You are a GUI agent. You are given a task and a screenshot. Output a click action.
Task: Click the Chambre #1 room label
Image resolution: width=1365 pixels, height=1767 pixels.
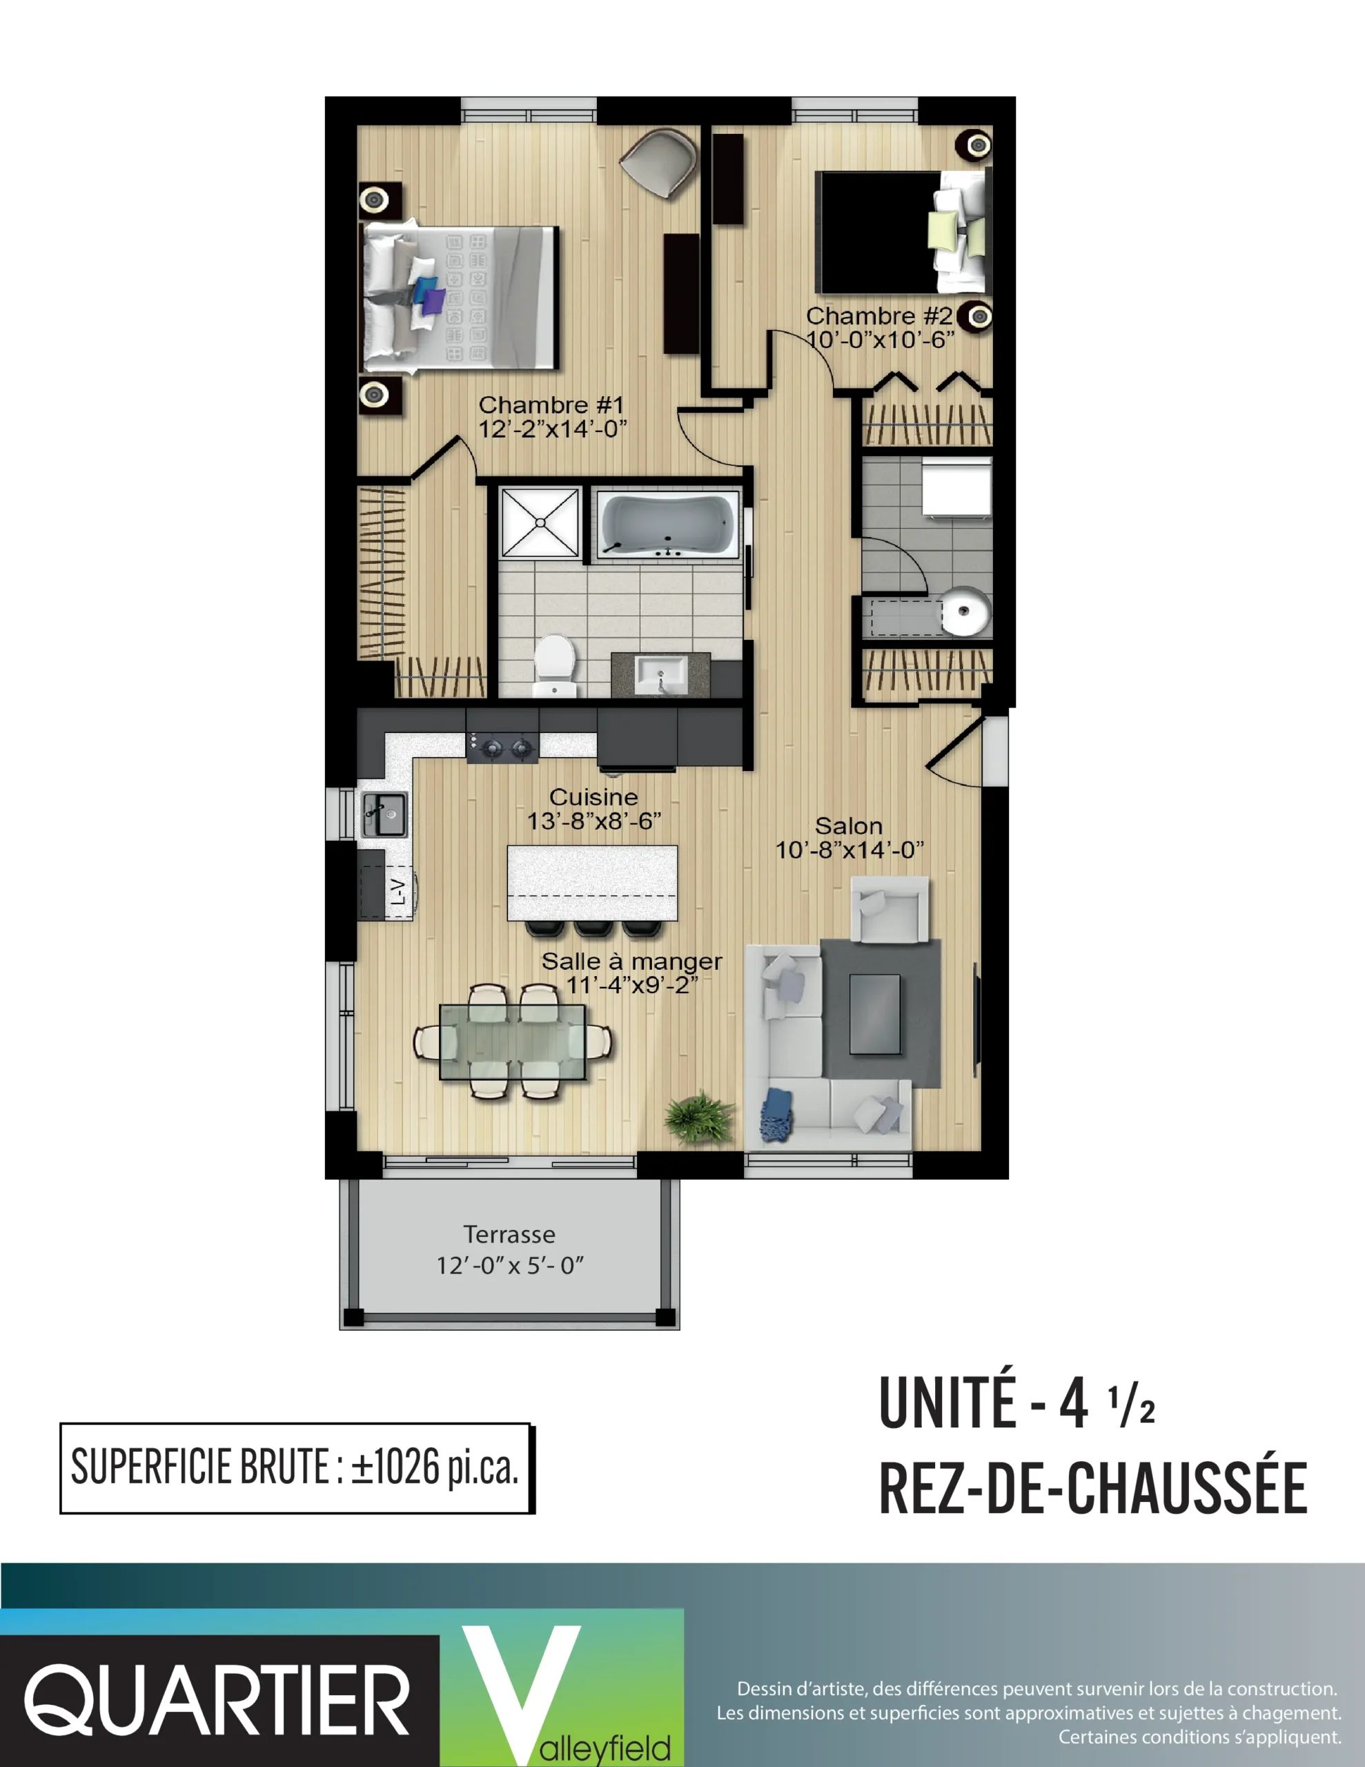point(551,404)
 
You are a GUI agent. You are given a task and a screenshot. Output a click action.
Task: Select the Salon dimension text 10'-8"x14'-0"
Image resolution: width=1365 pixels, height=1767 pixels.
point(850,850)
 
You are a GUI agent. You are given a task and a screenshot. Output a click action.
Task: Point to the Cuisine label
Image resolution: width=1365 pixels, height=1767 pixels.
point(594,797)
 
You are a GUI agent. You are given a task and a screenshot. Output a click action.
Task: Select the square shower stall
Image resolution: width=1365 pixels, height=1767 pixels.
point(540,523)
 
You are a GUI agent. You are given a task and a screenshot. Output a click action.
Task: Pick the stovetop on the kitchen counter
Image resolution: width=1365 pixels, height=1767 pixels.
point(502,747)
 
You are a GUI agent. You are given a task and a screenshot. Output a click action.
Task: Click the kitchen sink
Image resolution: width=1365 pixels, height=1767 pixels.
point(384,814)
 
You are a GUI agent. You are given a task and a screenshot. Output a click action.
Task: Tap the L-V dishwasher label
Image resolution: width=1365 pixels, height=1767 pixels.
point(398,892)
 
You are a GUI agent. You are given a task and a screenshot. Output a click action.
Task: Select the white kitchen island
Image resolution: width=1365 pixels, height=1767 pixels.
point(592,883)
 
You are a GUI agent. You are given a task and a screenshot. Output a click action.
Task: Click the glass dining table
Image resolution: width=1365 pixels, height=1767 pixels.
point(512,1042)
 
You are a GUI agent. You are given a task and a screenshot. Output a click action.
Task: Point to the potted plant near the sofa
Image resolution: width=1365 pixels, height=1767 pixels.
point(700,1117)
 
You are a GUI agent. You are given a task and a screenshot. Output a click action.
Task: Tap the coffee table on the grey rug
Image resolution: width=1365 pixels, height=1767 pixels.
point(874,1015)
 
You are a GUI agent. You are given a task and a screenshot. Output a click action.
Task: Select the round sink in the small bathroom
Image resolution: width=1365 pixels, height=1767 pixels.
point(965,612)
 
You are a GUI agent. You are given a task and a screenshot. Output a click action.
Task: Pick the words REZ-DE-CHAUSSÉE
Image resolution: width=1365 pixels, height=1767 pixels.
point(1093,1489)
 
